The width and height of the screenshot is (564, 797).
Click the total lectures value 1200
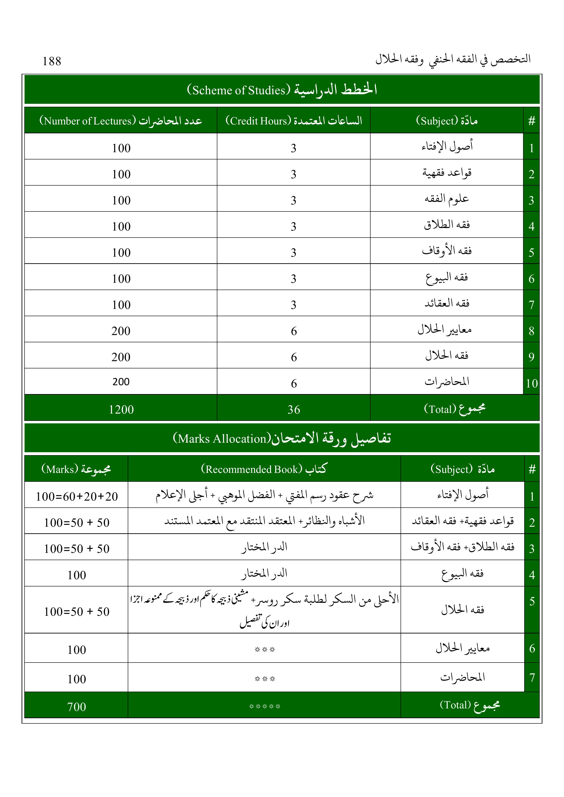121,410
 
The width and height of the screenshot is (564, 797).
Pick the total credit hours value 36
294,410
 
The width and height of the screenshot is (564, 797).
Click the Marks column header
76,469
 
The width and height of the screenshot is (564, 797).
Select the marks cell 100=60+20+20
77,496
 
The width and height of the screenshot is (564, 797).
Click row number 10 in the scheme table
531,383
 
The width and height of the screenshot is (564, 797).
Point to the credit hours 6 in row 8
294,331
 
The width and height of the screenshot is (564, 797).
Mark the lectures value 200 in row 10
121,382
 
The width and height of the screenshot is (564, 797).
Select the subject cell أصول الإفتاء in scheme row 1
447,147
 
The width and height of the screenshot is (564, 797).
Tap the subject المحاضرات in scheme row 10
447,382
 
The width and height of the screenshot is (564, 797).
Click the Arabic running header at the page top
453,59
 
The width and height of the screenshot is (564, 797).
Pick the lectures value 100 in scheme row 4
121,226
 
